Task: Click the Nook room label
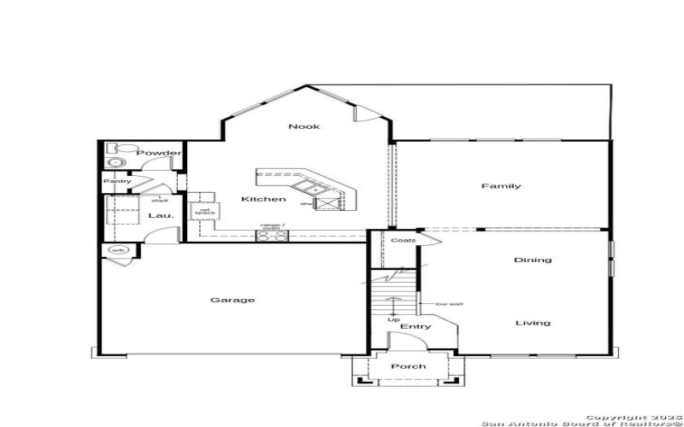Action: point(304,126)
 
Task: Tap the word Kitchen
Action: point(263,199)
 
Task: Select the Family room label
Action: point(501,186)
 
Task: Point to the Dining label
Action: point(533,260)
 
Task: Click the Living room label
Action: point(533,323)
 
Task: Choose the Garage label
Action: point(233,300)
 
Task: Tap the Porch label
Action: point(408,366)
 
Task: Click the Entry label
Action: point(415,326)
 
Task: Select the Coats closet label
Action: point(404,241)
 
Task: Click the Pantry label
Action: point(116,181)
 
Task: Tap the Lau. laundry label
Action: point(161,216)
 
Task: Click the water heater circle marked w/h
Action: point(116,250)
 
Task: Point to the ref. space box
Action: point(205,211)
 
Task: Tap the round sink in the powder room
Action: point(115,162)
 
